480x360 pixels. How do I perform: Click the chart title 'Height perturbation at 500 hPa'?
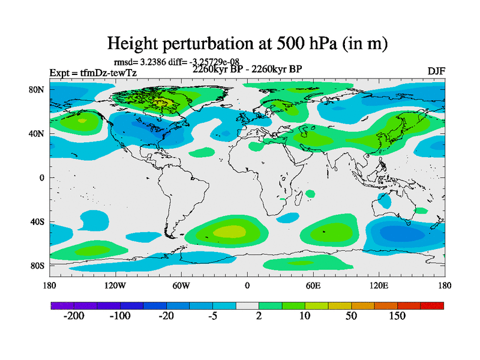(247, 43)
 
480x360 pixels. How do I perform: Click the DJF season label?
(436, 71)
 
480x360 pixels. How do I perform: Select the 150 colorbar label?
(397, 317)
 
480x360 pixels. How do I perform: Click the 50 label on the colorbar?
(351, 317)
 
